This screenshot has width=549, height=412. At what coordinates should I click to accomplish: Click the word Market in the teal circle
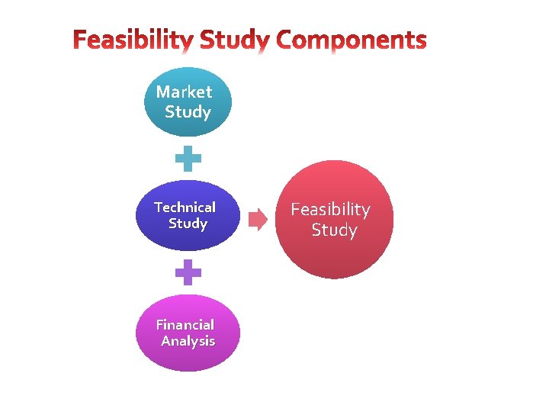[184, 92]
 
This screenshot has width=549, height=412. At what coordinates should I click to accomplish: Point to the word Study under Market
[188, 112]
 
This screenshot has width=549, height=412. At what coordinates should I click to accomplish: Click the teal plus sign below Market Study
[188, 159]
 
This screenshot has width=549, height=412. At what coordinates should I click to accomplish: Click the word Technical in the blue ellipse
[185, 207]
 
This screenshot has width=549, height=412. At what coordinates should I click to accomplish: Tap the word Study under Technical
[188, 224]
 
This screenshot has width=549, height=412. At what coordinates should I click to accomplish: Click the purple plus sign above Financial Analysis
[188, 272]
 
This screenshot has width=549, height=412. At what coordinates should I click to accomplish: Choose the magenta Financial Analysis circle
[188, 333]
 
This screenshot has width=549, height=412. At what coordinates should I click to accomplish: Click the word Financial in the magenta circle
[184, 325]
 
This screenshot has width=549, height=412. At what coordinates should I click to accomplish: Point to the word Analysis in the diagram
[188, 341]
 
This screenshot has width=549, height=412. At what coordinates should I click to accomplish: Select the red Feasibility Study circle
[334, 220]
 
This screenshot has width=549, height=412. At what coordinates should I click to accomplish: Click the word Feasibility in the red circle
[330, 210]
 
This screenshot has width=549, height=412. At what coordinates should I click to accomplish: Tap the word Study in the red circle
[334, 230]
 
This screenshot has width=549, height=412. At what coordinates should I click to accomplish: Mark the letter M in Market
[163, 92]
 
